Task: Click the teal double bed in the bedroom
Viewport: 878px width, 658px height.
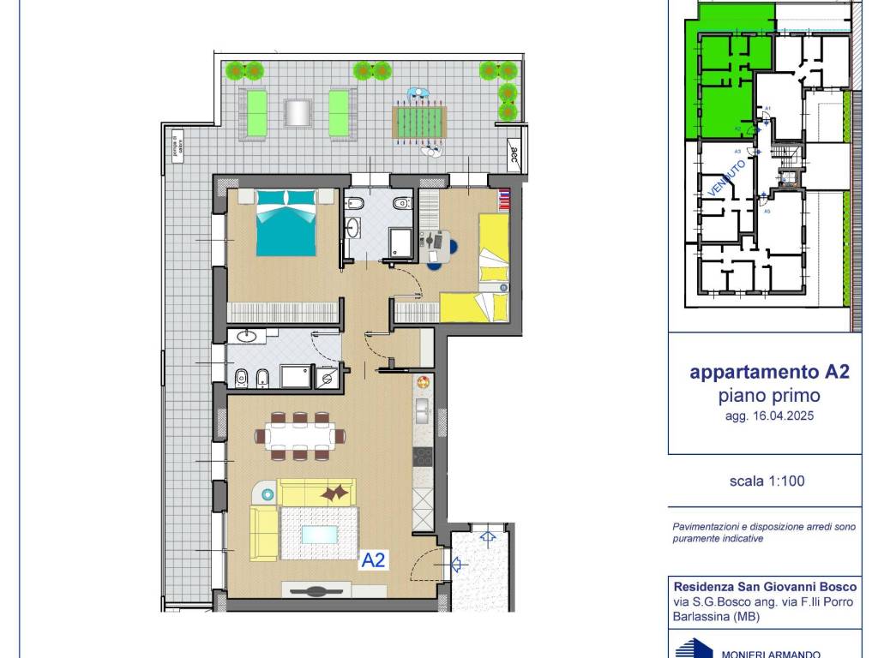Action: point(287,222)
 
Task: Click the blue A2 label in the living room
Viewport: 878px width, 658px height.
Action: point(374,560)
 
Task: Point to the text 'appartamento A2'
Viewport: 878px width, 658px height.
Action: point(769,373)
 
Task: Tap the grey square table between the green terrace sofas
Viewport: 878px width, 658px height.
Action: point(297,113)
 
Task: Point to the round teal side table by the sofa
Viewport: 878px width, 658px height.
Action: point(268,494)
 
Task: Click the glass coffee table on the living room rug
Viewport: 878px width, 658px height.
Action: point(320,534)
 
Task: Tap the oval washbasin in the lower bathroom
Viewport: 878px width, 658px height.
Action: point(248,336)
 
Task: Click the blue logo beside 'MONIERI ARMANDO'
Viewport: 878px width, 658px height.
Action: point(693,648)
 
